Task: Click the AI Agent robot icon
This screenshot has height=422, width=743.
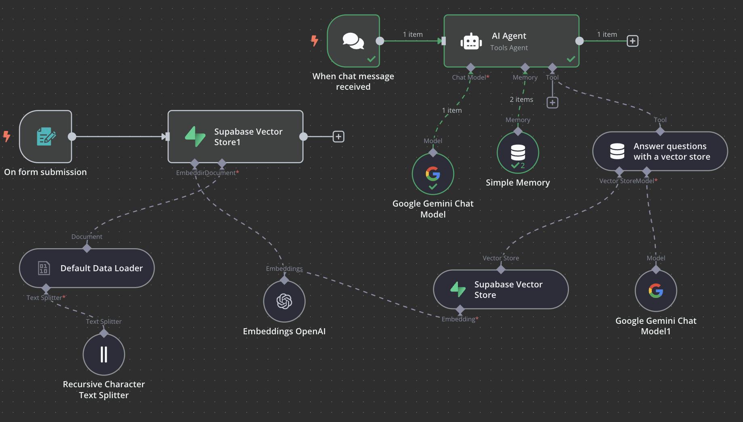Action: (471, 42)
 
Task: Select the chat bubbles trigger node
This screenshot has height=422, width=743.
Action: (353, 41)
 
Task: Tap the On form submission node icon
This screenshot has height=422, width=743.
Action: (46, 137)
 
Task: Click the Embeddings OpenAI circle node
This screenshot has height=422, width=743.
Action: (284, 301)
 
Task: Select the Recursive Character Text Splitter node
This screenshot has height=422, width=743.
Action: (104, 354)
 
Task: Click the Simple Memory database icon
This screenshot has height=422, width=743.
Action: (518, 152)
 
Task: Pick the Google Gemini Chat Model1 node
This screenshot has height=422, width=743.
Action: (656, 291)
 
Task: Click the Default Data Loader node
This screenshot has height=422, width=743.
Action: (87, 268)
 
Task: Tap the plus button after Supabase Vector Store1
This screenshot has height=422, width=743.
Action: (338, 137)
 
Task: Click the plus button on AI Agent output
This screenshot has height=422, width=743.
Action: (632, 41)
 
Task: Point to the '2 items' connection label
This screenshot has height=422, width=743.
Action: (521, 99)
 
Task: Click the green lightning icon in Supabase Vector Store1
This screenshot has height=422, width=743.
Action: (195, 137)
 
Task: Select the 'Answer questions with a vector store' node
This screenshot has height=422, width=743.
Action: (660, 151)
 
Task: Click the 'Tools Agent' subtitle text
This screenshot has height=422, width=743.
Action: (509, 48)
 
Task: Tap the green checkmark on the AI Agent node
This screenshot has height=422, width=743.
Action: (571, 59)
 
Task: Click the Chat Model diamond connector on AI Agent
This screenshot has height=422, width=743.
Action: (470, 67)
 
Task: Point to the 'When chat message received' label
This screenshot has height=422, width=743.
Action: (353, 81)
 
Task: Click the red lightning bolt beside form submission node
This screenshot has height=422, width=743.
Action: (7, 136)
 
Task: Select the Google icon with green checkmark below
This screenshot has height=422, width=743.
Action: (433, 174)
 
